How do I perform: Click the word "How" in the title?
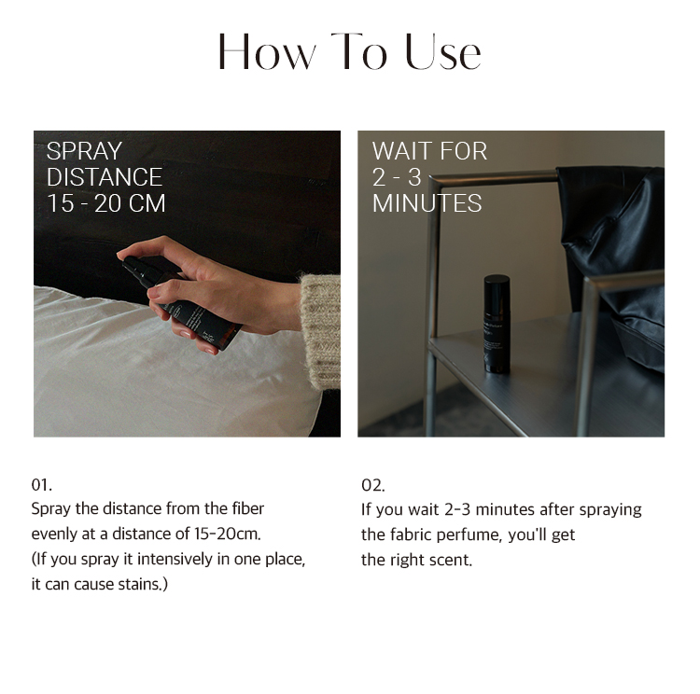pyautogui.click(x=267, y=52)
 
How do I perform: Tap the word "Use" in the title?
pyautogui.click(x=442, y=52)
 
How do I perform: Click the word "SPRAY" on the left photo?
pyautogui.click(x=84, y=151)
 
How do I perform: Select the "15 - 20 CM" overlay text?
pyautogui.click(x=106, y=203)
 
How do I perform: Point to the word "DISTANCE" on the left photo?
pyautogui.click(x=105, y=177)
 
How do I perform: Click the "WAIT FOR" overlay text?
pyautogui.click(x=429, y=151)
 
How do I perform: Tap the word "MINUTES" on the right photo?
pyautogui.click(x=427, y=203)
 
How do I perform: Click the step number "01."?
pyautogui.click(x=41, y=485)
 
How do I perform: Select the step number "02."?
pyautogui.click(x=372, y=485)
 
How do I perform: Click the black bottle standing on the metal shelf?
pyautogui.click(x=497, y=324)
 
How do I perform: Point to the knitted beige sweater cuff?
pyautogui.click(x=320, y=331)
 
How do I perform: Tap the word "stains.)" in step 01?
pyautogui.click(x=143, y=584)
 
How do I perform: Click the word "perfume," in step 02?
pyautogui.click(x=469, y=534)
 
